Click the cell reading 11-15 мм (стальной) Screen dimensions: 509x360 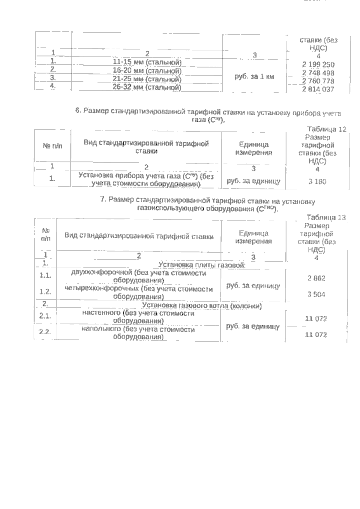tap(147, 62)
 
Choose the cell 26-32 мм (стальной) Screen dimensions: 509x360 tap(147, 87)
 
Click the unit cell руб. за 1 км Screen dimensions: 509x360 tap(254, 77)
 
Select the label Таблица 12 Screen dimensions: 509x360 tap(327, 129)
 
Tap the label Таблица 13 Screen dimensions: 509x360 tap(326, 217)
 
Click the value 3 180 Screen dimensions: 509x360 tap(317, 181)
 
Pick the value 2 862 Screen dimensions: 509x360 tap(316, 278)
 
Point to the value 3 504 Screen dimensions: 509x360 tap(316, 294)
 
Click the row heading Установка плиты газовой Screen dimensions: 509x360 tap(202, 265)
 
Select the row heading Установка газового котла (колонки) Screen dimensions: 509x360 tap(202, 306)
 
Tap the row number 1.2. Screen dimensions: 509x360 tap(45, 291)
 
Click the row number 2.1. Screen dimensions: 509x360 tap(45, 316)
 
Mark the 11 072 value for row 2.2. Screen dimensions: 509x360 tap(316, 335)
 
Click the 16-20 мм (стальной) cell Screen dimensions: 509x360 tap(147, 71)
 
